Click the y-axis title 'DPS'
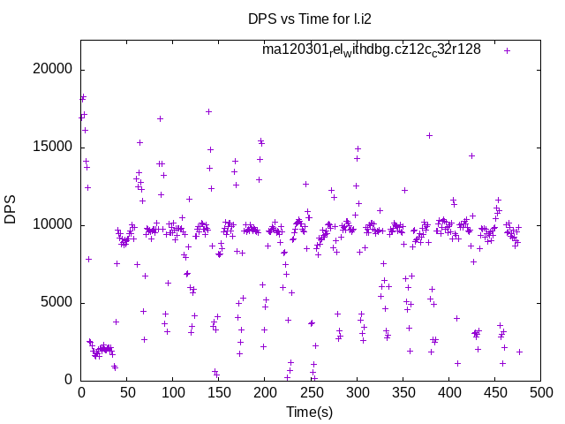coord(11,209)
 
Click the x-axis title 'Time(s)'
coord(309,412)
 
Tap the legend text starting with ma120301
coord(371,49)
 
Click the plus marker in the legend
coord(508,50)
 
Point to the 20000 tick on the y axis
coord(55,70)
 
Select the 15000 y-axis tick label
coord(55,148)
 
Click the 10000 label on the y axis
coord(55,225)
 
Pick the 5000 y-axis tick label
coord(58,303)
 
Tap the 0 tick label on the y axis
coord(69,381)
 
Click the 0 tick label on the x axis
coord(81,393)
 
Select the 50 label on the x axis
coord(127,393)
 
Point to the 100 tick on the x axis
coord(173,393)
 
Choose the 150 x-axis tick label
coord(219,393)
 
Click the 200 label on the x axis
coord(265,393)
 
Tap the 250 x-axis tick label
coord(311,393)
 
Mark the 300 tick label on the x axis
coord(357,393)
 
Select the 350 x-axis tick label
coord(403,393)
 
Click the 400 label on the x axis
coord(448,393)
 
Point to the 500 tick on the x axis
coord(540,393)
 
